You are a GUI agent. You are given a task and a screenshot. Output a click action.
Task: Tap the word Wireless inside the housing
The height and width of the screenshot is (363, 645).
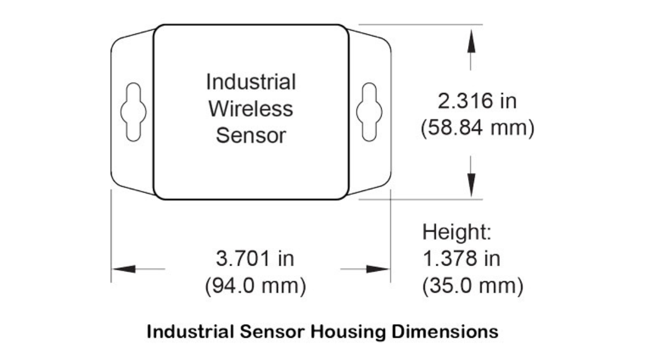251,109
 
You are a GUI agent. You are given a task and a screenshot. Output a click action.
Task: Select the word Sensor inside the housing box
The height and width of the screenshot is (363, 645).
251,136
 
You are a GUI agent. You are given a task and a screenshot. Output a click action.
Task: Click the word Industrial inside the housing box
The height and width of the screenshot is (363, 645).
251,82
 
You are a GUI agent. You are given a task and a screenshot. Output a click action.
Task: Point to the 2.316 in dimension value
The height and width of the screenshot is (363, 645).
477,101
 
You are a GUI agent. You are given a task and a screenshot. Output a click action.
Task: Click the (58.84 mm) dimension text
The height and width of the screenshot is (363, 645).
477,127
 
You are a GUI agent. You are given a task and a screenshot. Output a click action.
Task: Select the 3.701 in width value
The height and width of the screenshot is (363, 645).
255,259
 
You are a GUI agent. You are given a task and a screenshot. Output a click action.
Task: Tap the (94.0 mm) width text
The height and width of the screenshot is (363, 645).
255,286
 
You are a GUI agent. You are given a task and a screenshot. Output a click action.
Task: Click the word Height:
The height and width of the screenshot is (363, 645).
457,232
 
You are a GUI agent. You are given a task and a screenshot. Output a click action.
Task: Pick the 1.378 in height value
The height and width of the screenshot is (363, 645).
461,259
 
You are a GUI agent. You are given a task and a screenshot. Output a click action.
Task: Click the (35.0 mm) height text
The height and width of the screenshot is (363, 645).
472,286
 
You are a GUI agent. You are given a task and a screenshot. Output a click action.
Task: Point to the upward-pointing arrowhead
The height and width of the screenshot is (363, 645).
471,41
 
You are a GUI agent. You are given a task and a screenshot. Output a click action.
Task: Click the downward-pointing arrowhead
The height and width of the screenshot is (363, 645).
471,186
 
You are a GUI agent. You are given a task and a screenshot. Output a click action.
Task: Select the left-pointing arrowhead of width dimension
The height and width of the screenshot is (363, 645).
124,269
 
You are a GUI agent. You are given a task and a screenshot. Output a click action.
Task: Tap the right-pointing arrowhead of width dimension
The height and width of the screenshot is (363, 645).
378,269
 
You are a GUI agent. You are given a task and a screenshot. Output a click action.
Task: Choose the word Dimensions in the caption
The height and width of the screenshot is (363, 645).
445,331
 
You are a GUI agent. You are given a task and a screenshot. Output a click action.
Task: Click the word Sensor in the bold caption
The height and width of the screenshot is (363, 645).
272,331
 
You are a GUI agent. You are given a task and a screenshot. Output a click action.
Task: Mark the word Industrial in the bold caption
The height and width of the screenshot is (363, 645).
190,331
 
